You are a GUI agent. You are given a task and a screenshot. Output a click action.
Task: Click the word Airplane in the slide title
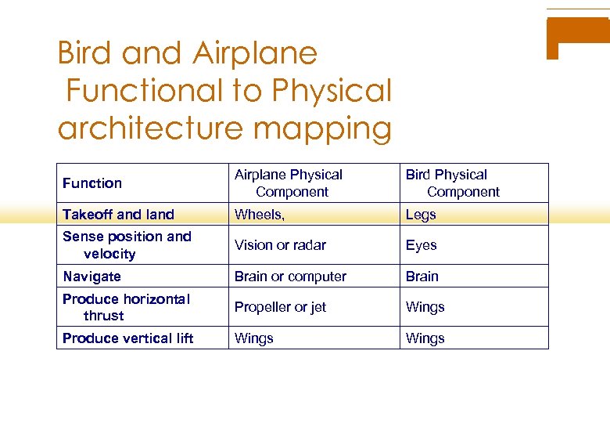click(x=254, y=54)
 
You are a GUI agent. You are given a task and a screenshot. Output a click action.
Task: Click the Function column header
click(x=92, y=183)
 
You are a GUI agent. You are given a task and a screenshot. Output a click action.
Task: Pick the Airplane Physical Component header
click(x=289, y=183)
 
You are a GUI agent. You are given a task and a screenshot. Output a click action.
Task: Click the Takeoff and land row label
click(x=118, y=215)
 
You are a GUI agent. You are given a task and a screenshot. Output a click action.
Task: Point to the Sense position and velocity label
click(x=126, y=245)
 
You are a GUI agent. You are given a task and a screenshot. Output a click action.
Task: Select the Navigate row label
click(x=91, y=277)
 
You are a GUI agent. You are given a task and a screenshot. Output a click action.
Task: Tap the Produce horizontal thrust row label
click(x=125, y=307)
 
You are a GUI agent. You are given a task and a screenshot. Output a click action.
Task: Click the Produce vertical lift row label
click(x=127, y=338)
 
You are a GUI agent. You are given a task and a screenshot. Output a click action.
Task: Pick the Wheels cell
click(x=259, y=215)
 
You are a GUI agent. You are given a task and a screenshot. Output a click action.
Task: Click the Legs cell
click(x=421, y=215)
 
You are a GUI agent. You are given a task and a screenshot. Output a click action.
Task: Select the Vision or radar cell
click(x=280, y=245)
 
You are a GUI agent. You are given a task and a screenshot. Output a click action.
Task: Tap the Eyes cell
click(x=421, y=245)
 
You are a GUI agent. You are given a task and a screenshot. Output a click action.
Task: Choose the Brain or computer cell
click(x=290, y=277)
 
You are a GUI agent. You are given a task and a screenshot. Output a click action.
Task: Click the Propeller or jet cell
click(x=280, y=307)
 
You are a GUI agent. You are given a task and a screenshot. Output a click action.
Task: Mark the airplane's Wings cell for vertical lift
click(x=254, y=338)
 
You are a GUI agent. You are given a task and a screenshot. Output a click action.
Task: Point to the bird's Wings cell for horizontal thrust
click(x=425, y=307)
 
